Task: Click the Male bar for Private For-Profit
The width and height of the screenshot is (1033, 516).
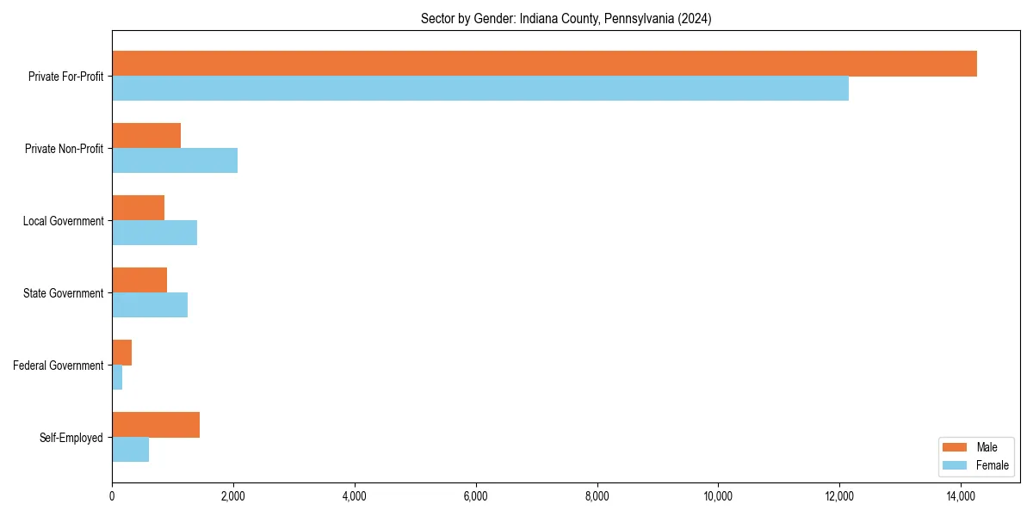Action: click(x=544, y=64)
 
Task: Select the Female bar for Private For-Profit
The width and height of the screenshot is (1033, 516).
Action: click(x=480, y=89)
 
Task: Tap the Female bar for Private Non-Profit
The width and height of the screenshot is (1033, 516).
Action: click(x=175, y=161)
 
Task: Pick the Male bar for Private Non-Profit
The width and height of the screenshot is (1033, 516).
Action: click(x=146, y=136)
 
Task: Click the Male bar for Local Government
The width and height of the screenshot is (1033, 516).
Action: click(x=138, y=208)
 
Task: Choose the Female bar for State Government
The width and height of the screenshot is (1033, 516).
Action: click(x=150, y=305)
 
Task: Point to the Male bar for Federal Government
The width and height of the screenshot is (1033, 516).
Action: click(x=121, y=353)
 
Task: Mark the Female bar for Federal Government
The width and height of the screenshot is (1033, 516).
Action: click(x=117, y=378)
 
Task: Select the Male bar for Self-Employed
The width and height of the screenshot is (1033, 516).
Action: click(x=156, y=425)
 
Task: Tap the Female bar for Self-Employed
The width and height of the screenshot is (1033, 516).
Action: click(x=130, y=450)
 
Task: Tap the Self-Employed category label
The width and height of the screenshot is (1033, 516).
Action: click(x=71, y=438)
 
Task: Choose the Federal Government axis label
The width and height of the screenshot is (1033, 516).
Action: click(x=59, y=365)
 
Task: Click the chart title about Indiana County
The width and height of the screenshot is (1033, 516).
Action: click(x=566, y=18)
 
